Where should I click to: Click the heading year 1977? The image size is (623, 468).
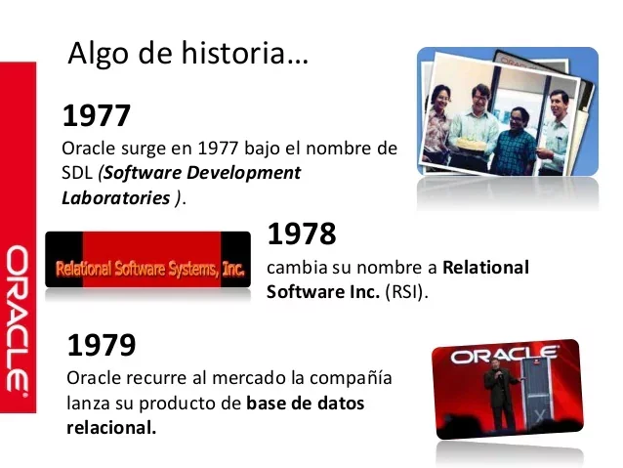(96, 116)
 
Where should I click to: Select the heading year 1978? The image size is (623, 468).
(301, 234)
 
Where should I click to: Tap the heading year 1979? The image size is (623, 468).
(101, 345)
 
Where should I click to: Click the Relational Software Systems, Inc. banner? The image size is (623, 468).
(149, 265)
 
